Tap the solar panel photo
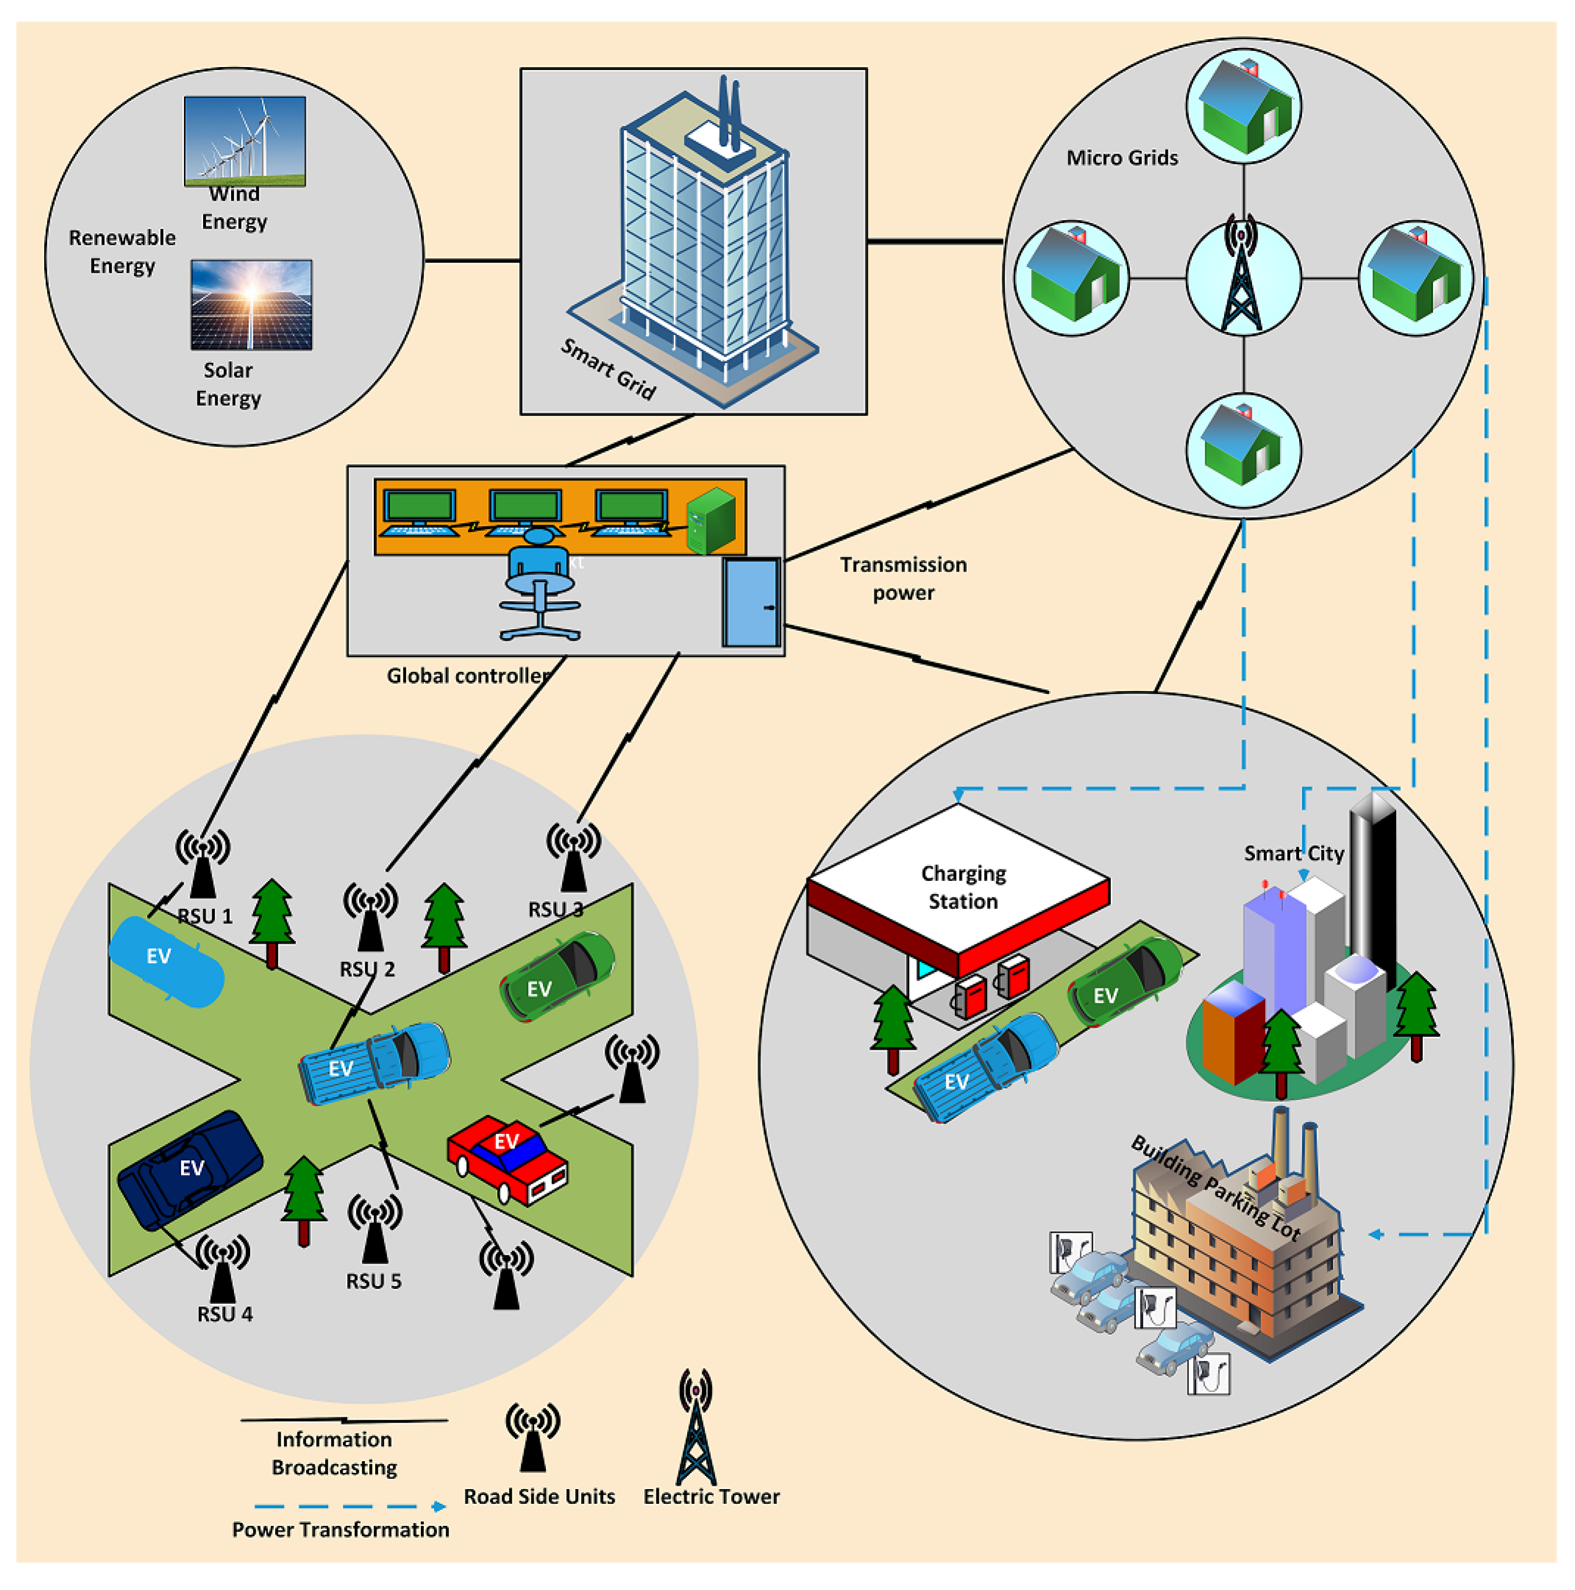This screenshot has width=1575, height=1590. click(x=251, y=304)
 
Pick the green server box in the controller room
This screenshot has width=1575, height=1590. click(x=710, y=521)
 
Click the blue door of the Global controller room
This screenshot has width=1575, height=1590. click(x=750, y=603)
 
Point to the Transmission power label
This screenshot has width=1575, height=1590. click(x=903, y=578)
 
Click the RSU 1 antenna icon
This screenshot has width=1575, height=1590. click(x=203, y=862)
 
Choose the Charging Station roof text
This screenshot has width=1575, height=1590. click(x=963, y=887)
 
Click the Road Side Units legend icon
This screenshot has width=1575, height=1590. click(x=533, y=1436)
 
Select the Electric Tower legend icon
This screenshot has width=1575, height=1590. click(x=695, y=1428)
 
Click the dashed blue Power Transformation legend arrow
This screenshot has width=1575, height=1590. click(x=350, y=1507)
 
